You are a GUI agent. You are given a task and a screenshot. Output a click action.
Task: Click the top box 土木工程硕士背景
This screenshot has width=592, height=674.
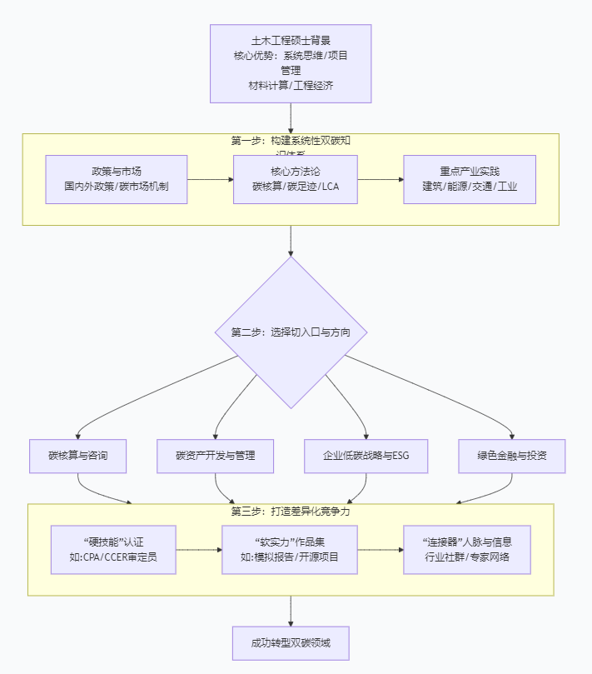click(291, 63)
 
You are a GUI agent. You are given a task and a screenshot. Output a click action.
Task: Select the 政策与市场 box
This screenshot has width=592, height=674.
click(117, 179)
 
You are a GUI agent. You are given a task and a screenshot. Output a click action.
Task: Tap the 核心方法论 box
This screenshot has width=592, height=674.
click(296, 179)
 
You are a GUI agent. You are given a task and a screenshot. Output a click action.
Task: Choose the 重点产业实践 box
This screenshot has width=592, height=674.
click(470, 179)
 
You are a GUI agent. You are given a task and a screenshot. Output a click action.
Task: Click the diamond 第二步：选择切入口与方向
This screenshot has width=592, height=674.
click(291, 332)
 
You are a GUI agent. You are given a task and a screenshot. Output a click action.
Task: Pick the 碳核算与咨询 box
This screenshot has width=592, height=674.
click(77, 456)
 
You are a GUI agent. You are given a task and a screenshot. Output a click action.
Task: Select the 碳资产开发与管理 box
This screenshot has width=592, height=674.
click(215, 456)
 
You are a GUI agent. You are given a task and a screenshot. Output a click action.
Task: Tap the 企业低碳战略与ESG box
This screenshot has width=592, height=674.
click(366, 456)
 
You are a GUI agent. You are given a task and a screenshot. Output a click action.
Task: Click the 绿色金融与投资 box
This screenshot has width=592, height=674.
click(511, 456)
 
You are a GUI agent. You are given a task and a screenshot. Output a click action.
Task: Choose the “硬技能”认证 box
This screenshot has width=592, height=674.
click(113, 549)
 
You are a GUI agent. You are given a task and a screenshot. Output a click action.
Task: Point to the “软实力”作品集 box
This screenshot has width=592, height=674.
click(289, 549)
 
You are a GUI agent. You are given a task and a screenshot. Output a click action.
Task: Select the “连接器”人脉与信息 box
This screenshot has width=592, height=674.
click(467, 549)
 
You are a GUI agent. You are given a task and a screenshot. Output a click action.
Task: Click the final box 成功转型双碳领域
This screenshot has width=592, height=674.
click(291, 643)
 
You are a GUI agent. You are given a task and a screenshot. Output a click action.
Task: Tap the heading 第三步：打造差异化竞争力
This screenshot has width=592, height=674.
click(291, 511)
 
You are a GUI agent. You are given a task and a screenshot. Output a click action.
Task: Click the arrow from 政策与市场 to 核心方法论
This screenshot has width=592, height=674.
click(211, 179)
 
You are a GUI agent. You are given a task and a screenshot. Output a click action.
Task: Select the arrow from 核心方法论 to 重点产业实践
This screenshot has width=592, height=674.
click(381, 179)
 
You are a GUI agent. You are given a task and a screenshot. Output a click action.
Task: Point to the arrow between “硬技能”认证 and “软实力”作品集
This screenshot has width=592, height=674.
click(199, 550)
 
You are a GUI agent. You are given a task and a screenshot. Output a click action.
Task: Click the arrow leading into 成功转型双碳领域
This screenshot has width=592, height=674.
click(291, 611)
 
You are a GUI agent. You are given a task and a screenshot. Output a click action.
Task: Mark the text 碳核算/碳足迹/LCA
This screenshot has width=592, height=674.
click(296, 187)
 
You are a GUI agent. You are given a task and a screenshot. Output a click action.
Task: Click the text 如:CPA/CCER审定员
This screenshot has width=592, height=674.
click(113, 557)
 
